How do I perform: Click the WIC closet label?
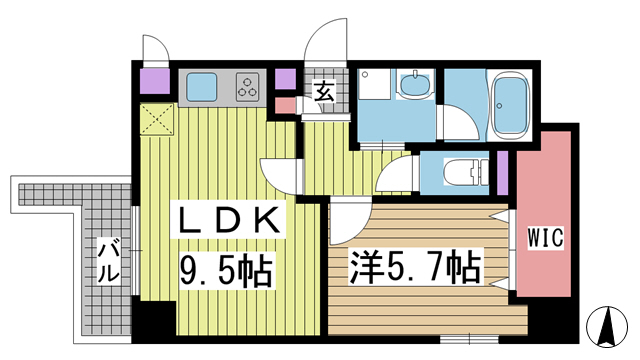(x=546, y=239)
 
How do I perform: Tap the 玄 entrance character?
(x=325, y=93)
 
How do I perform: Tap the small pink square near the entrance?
(x=285, y=104)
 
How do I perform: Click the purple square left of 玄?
(x=285, y=79)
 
